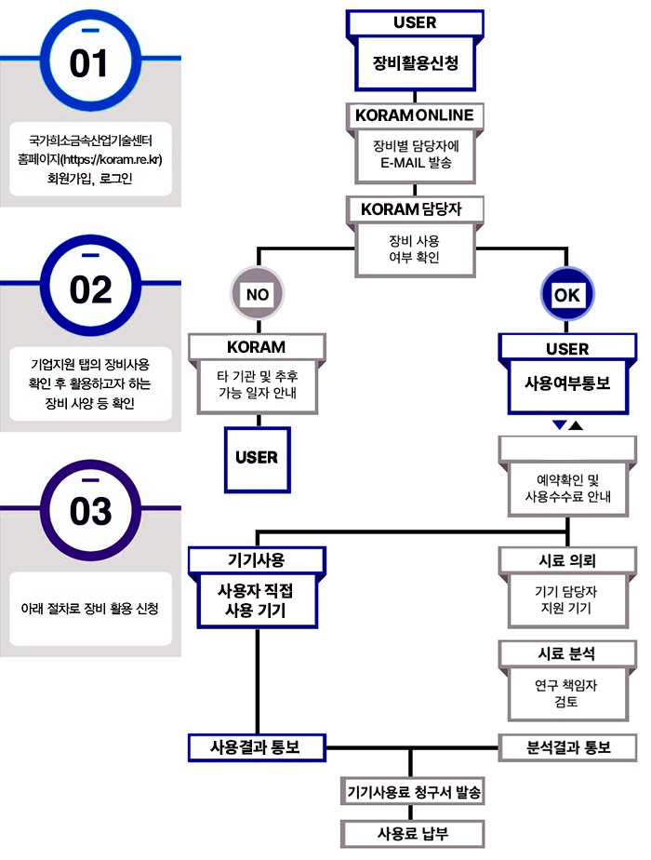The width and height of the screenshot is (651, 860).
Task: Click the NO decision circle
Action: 257,294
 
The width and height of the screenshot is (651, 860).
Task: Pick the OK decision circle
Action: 566,294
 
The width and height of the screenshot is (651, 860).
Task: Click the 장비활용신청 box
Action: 415,63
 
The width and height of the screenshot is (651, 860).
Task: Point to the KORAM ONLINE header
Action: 415,115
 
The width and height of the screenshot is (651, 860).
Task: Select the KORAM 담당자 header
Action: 415,209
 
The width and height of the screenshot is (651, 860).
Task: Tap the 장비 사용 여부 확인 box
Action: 415,249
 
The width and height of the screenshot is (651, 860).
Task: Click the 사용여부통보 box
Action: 567,386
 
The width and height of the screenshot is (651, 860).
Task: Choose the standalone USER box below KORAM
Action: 257,459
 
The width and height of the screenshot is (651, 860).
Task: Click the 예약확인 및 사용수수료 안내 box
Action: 567,489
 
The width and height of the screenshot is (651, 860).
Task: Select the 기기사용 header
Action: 257,560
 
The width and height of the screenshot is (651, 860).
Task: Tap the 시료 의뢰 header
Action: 567,560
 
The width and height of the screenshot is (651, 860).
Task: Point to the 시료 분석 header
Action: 567,653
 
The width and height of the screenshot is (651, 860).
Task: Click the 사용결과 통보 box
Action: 257,747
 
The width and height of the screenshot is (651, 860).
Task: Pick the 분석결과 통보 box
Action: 567,747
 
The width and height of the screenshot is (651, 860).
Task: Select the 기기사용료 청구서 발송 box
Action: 413,791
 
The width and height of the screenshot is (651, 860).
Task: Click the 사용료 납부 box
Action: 413,834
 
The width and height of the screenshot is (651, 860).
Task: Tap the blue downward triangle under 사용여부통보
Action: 559,424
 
